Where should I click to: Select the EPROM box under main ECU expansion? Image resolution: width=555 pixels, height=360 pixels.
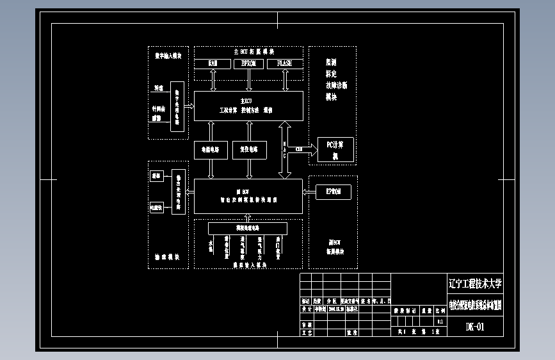click(248, 63)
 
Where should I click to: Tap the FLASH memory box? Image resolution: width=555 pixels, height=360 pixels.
click(284, 63)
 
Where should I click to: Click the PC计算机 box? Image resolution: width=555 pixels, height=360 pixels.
click(334, 150)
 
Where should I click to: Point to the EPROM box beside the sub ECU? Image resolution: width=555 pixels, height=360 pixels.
click(334, 191)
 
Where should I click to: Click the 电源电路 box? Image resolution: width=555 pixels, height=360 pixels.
click(211, 150)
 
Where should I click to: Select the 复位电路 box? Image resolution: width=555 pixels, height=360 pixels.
click(249, 150)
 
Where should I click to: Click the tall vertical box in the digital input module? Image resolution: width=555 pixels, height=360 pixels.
click(177, 106)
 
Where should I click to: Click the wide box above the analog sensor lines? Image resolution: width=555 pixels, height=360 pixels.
click(247, 228)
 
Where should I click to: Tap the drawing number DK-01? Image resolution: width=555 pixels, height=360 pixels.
click(475, 327)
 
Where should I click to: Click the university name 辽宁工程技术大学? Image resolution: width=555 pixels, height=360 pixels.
click(475, 283)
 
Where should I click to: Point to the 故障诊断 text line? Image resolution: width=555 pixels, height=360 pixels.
click(336, 86)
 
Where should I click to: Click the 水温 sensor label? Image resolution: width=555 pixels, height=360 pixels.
click(211, 246)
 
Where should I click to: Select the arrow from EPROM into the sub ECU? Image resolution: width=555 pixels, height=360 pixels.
click(309, 191)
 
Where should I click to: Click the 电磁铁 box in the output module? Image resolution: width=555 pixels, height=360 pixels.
click(156, 207)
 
